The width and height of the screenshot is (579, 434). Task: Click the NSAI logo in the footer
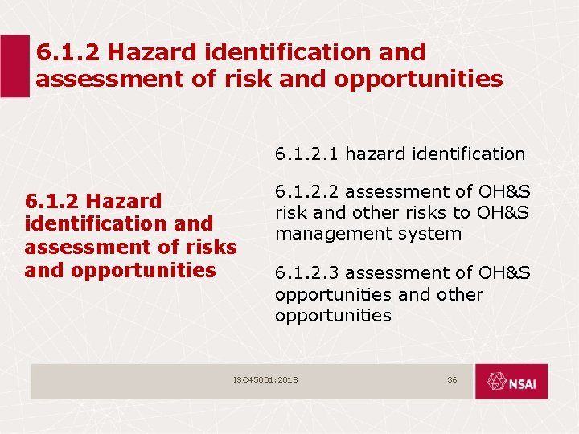point(511,381)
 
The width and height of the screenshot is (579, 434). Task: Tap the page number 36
point(452,379)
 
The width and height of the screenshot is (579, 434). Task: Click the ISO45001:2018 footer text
point(265,379)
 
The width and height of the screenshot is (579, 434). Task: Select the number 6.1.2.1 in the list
point(309,154)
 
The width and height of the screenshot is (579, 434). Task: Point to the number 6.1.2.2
point(309,192)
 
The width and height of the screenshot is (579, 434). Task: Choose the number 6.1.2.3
point(309,274)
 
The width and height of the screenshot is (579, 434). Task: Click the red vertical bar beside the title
point(14,67)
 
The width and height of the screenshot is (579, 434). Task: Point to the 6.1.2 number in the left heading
point(52,200)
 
